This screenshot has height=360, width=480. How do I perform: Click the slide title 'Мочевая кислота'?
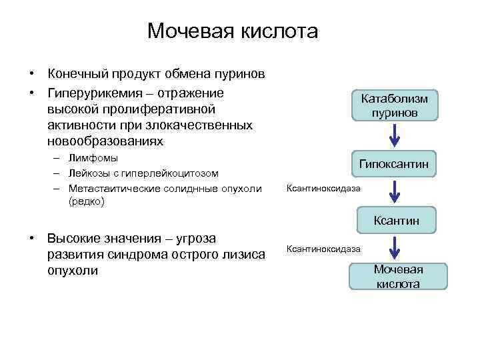click(233, 31)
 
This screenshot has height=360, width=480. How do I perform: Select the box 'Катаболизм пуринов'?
click(395, 105)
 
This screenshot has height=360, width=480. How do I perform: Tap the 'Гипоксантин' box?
click(394, 163)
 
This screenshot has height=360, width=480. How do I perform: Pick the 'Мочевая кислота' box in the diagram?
click(398, 276)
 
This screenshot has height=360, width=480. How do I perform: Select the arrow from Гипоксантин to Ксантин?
click(395, 191)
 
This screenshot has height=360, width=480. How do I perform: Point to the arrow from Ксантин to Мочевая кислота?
click(395, 248)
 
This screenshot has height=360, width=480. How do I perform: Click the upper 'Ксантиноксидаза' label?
click(323, 188)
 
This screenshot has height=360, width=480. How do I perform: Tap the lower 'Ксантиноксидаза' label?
click(323, 249)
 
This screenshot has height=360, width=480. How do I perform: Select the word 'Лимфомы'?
click(93, 158)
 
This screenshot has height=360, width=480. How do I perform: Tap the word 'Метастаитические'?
click(111, 187)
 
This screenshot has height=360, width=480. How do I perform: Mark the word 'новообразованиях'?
click(105, 141)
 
